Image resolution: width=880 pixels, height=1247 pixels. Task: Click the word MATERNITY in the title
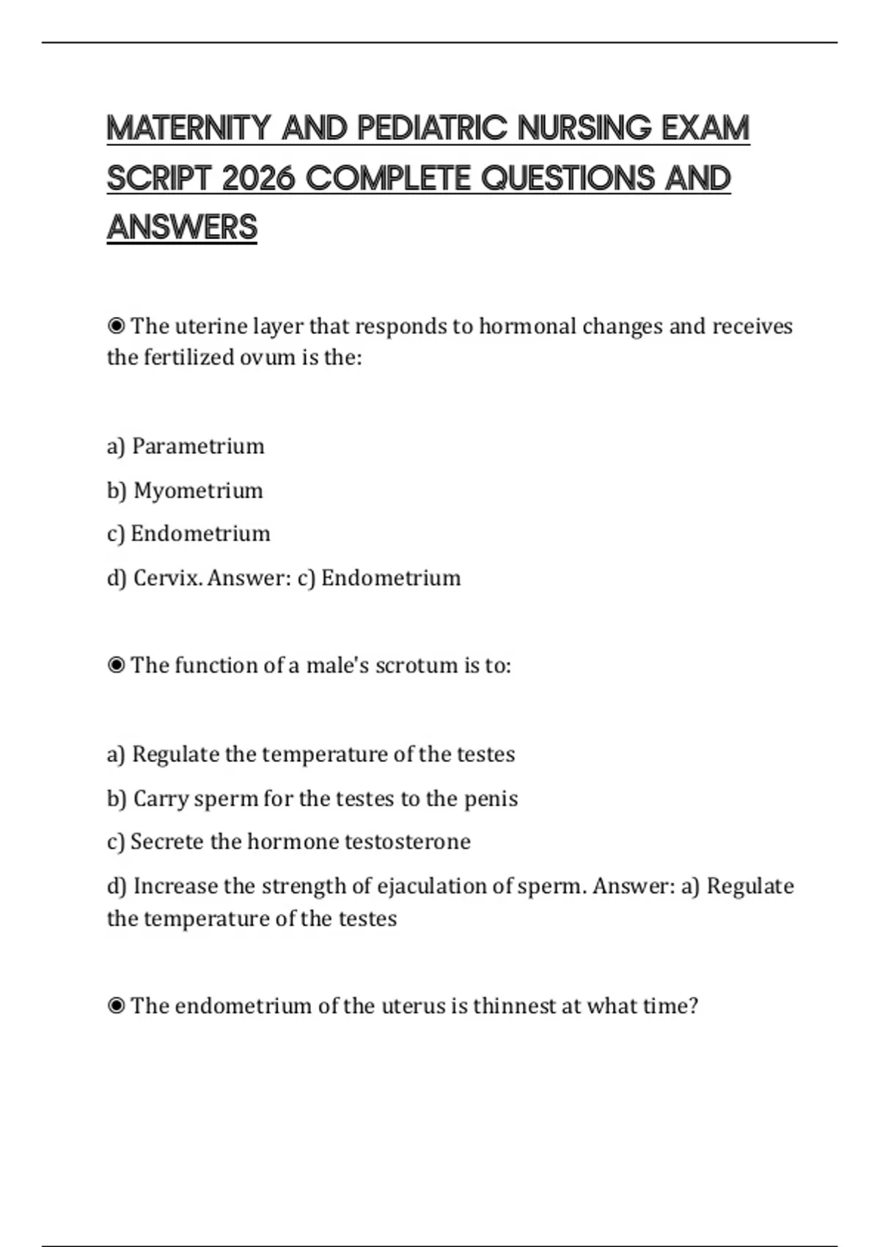click(188, 128)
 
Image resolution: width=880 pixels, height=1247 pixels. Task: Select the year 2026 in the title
click(257, 178)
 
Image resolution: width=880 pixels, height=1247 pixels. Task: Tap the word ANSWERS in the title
click(182, 227)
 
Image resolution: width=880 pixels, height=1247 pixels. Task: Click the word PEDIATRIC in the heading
click(432, 128)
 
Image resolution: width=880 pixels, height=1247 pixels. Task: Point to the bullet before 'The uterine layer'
click(116, 326)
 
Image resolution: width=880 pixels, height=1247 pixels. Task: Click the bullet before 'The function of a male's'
click(116, 665)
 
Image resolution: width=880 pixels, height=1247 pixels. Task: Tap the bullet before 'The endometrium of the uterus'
click(116, 1006)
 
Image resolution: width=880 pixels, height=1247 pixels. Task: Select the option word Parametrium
click(198, 446)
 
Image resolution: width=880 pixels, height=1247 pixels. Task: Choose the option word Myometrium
click(198, 490)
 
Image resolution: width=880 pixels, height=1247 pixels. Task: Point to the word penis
click(491, 798)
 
